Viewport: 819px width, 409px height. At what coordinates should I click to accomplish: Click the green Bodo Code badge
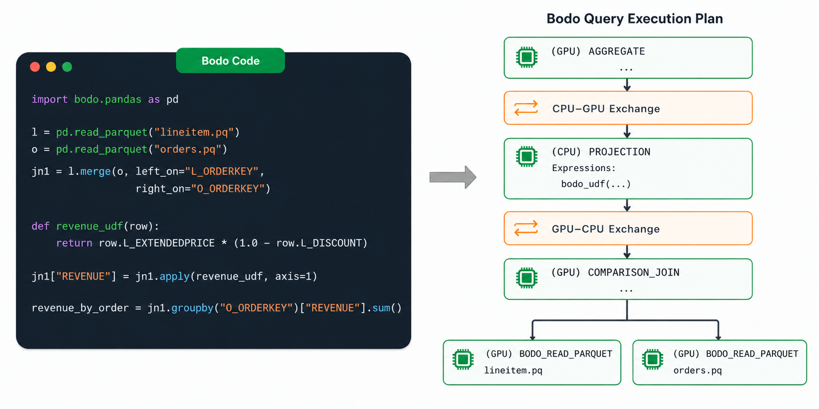230,60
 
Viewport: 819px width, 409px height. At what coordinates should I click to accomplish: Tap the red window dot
35,67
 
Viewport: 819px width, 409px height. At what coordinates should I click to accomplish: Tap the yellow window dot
51,67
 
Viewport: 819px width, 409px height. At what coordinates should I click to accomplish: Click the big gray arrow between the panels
453,177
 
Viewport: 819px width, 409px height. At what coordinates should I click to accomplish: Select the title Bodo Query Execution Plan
635,18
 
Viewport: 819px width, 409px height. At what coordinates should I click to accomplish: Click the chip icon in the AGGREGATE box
527,57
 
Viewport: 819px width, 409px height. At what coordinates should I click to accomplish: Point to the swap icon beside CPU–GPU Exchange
526,108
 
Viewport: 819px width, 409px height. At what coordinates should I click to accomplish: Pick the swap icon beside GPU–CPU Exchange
526,228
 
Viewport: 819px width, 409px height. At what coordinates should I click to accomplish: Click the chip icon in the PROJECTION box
527,157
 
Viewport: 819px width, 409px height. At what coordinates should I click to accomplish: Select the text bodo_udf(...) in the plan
596,184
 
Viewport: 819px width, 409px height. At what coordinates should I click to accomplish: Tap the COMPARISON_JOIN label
633,273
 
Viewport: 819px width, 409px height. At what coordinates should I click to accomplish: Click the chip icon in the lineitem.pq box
463,359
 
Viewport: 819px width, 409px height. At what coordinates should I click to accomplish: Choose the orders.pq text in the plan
698,370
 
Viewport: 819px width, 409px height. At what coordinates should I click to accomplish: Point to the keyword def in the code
41,226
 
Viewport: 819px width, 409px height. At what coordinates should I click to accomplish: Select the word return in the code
74,243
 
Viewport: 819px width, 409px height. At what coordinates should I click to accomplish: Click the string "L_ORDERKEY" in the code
222,172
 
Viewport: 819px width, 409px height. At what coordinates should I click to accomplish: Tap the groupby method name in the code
193,308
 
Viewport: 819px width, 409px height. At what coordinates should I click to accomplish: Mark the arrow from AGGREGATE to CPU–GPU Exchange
627,85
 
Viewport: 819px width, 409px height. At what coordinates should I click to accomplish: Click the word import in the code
49,100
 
